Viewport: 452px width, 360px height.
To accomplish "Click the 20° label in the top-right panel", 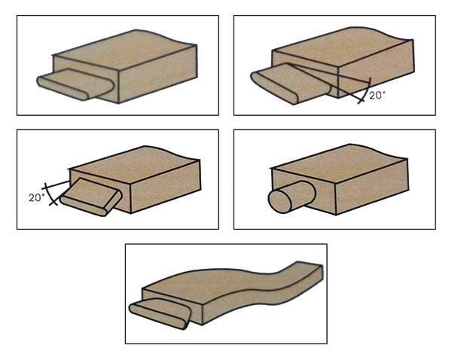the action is (377, 96).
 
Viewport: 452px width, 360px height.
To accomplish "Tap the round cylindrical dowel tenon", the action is (291, 197).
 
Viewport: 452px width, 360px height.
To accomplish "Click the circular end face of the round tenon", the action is (280, 202).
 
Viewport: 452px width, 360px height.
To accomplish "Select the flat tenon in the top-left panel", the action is (75, 84).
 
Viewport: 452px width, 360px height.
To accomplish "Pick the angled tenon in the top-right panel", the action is (291, 83).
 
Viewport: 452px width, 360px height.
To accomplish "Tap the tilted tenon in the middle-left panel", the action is (91, 197).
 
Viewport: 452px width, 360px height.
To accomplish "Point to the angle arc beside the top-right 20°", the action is (365, 90).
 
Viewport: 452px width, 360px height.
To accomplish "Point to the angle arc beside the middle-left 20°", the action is (49, 194).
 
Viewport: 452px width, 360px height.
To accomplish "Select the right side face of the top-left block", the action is (158, 74).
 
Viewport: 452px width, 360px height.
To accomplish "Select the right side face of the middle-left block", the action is (166, 186).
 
